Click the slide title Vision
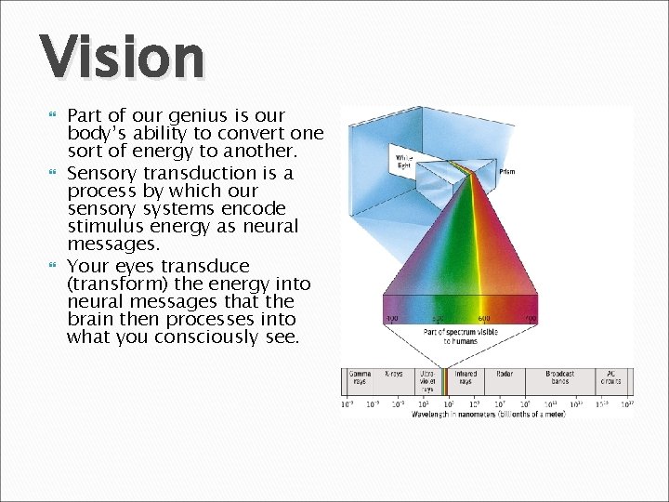point(122,57)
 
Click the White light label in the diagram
point(404,162)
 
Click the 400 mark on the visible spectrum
point(392,319)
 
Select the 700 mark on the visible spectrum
point(530,319)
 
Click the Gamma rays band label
point(359,377)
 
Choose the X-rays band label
point(394,374)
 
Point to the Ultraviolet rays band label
point(427,381)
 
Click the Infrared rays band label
point(466,377)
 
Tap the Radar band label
point(505,374)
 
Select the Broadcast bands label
point(559,377)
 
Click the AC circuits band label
point(610,377)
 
